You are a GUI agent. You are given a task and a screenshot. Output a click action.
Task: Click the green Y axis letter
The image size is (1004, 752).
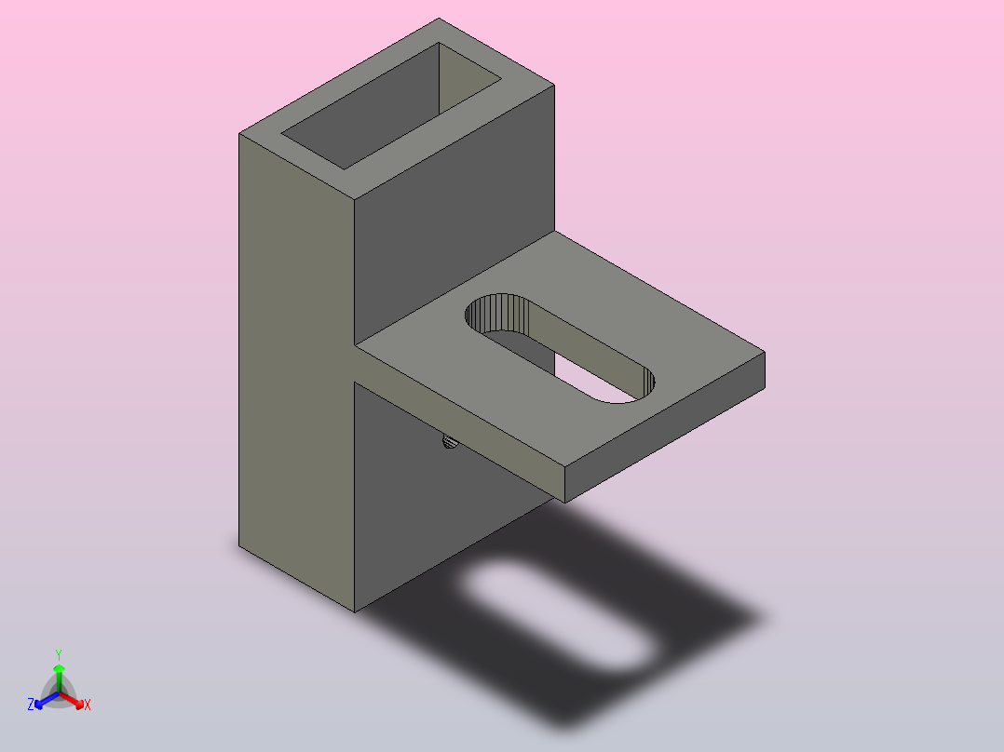click(59, 654)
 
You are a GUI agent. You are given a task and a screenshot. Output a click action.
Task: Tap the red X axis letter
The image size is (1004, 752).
click(88, 705)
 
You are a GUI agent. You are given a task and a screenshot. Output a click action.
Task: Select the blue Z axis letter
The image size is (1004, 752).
click(31, 705)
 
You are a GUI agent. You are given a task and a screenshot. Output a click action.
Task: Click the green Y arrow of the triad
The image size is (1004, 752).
click(59, 678)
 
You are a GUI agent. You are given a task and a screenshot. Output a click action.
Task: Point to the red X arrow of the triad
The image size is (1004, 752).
click(72, 700)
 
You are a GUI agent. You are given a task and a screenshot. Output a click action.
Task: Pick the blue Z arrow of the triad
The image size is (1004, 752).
click(47, 700)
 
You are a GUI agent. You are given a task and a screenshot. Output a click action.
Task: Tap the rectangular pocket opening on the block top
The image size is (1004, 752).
click(391, 105)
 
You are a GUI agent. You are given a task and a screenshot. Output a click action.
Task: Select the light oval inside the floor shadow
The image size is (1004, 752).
click(557, 616)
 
